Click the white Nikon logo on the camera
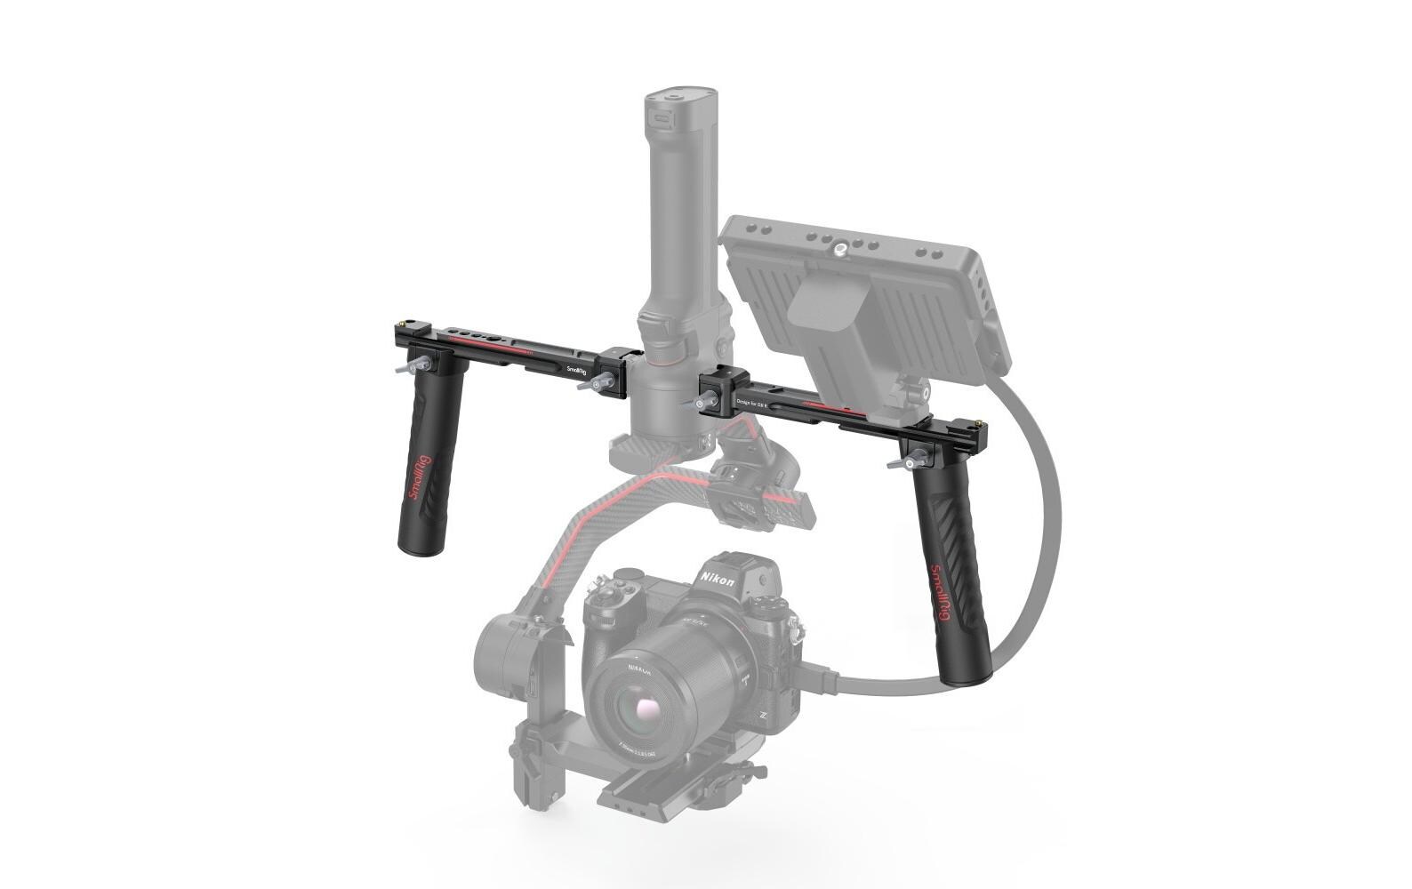(718, 580)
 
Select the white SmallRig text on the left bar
(576, 367)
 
